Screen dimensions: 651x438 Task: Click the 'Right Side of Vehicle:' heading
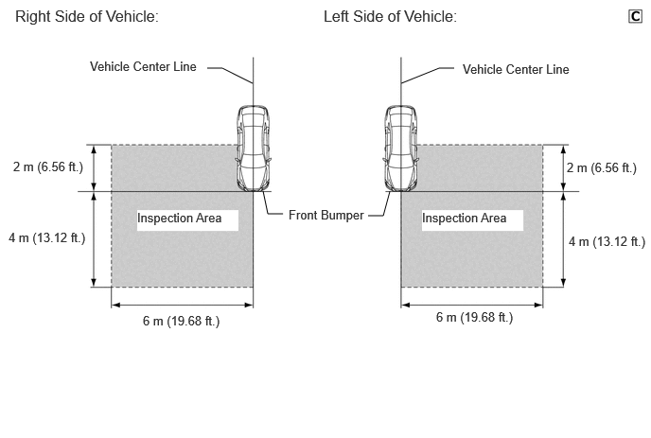(x=87, y=17)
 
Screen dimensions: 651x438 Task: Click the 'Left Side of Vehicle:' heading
(x=390, y=17)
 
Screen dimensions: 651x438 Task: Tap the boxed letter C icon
(x=635, y=16)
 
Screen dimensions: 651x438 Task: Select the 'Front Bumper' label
(x=325, y=215)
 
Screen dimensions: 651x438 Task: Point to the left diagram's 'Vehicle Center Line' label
(x=143, y=66)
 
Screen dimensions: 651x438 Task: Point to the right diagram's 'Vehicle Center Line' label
(x=516, y=69)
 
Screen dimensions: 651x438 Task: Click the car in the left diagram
(x=254, y=149)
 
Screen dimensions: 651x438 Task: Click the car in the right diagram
(x=400, y=149)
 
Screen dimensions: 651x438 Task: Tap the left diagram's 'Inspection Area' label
(x=180, y=218)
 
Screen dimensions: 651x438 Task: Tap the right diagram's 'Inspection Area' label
(x=465, y=218)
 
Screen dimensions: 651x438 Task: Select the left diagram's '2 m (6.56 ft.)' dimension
(x=48, y=166)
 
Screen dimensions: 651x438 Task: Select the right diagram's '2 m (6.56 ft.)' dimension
(x=602, y=167)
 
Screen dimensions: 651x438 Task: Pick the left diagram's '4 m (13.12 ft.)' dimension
(x=47, y=237)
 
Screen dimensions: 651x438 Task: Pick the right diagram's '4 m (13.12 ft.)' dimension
(x=607, y=241)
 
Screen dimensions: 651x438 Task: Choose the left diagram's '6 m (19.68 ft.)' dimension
(x=181, y=321)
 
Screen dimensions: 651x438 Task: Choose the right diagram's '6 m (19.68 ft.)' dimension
(x=475, y=317)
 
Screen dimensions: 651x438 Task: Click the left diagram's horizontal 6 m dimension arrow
(x=183, y=306)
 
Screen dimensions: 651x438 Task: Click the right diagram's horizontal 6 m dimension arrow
(x=472, y=306)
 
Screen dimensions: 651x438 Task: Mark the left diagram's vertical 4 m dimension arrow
(x=94, y=239)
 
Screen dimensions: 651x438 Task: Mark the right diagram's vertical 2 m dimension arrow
(x=563, y=168)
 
